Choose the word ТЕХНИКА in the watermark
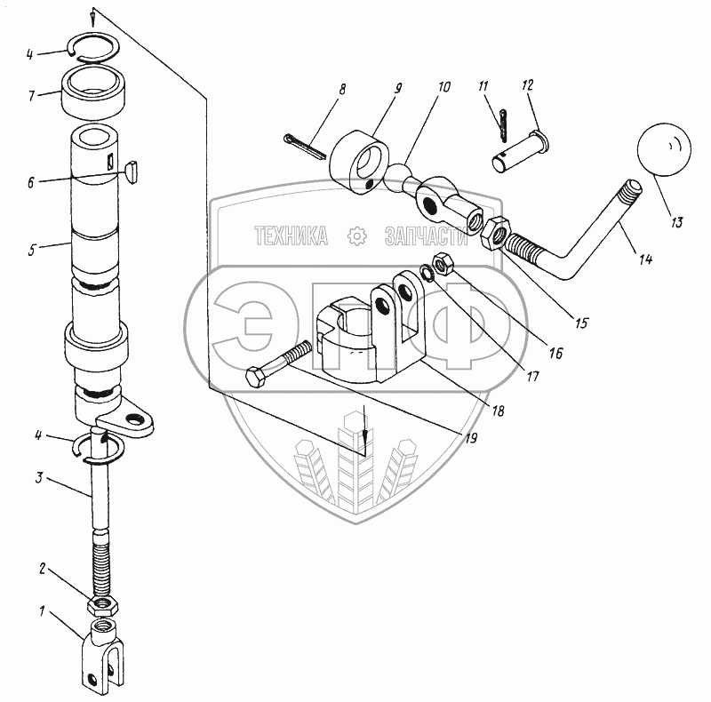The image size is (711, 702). [x=291, y=235]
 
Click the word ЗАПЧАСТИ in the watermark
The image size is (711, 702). [x=425, y=235]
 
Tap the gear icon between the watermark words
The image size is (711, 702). [x=357, y=235]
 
